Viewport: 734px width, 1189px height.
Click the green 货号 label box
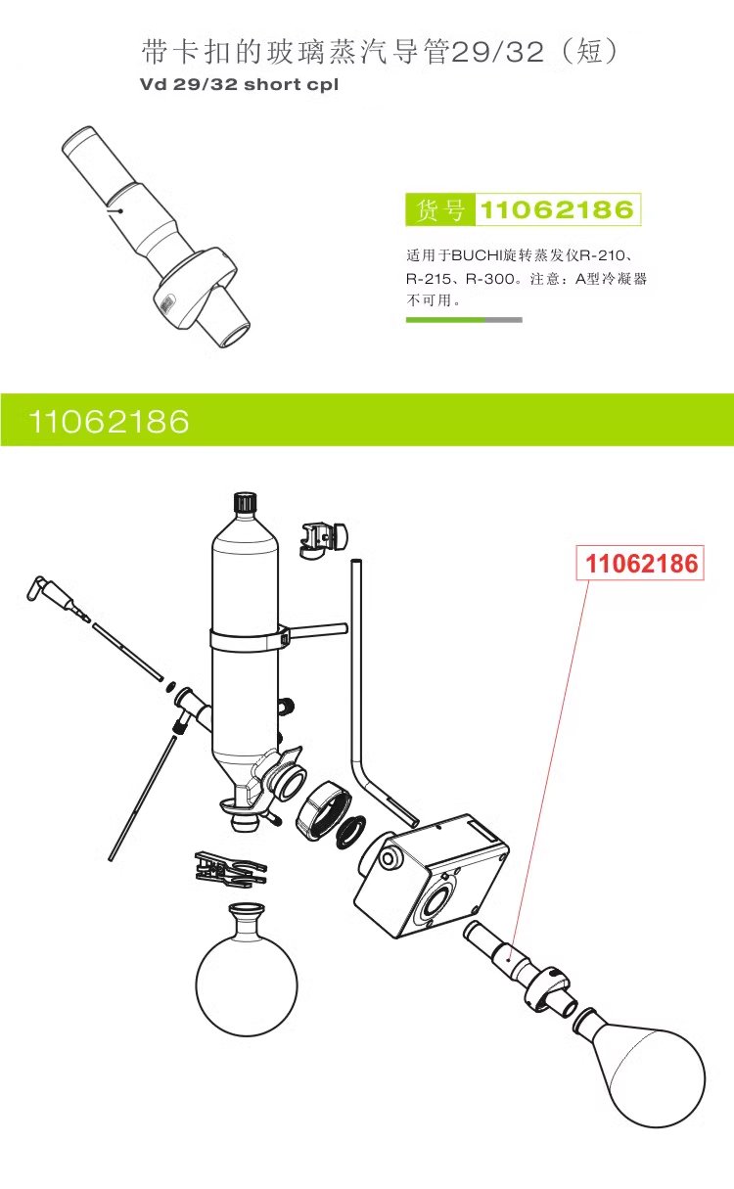[x=439, y=209]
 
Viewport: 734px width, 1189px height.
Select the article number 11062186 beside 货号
[x=557, y=209]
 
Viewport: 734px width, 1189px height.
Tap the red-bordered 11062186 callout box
[x=642, y=564]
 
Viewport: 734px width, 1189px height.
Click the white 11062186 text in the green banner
[x=109, y=422]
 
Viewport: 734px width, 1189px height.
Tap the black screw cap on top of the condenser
[x=245, y=503]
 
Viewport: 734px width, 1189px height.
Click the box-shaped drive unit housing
[x=431, y=871]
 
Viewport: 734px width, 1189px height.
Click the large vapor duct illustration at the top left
[x=157, y=235]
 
